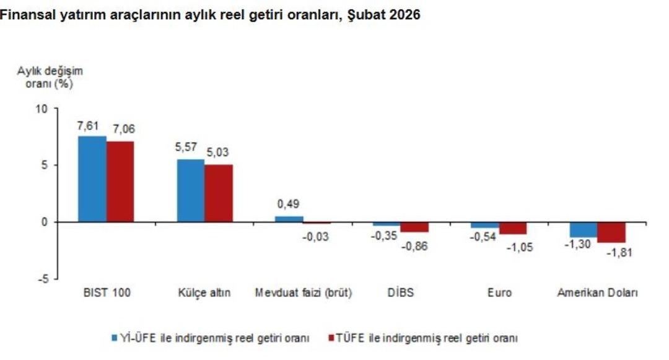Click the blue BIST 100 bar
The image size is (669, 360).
pyautogui.click(x=92, y=178)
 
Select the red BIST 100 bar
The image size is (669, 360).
pyautogui.click(x=120, y=182)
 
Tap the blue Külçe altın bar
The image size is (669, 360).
pyautogui.click(x=190, y=190)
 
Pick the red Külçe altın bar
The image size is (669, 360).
pyautogui.click(x=219, y=193)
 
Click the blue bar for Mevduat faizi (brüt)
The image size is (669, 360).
pyautogui.click(x=289, y=219)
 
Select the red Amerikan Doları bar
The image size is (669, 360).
pyautogui.click(x=611, y=232)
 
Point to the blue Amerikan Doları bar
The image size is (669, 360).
pyautogui.click(x=584, y=229)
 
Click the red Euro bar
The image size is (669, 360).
pyautogui.click(x=513, y=227)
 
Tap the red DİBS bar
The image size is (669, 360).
pyautogui.click(x=414, y=227)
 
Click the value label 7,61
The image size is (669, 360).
pyautogui.click(x=88, y=126)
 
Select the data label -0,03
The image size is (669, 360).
pyautogui.click(x=316, y=236)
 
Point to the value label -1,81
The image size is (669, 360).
pyautogui.click(x=619, y=253)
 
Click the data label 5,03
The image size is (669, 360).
pyautogui.click(x=218, y=152)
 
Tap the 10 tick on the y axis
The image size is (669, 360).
pyautogui.click(x=42, y=108)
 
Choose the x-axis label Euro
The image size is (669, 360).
pyautogui.click(x=499, y=293)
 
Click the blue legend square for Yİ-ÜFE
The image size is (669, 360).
pyautogui.click(x=115, y=338)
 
